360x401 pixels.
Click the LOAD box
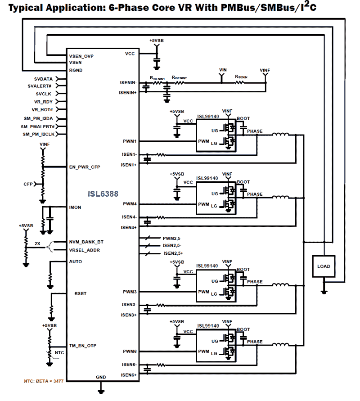click(x=324, y=266)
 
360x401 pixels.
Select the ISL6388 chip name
click(x=103, y=194)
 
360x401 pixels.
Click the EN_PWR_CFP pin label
click(x=85, y=167)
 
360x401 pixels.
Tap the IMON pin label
click(x=75, y=207)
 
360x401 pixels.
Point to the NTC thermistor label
click(x=59, y=352)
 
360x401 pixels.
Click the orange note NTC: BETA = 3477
click(x=44, y=381)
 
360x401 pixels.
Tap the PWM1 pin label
click(x=130, y=141)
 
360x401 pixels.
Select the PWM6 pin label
click(x=130, y=351)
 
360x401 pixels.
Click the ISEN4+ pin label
click(x=129, y=228)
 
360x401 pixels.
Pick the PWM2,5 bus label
click(x=171, y=238)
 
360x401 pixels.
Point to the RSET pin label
click(x=81, y=293)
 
